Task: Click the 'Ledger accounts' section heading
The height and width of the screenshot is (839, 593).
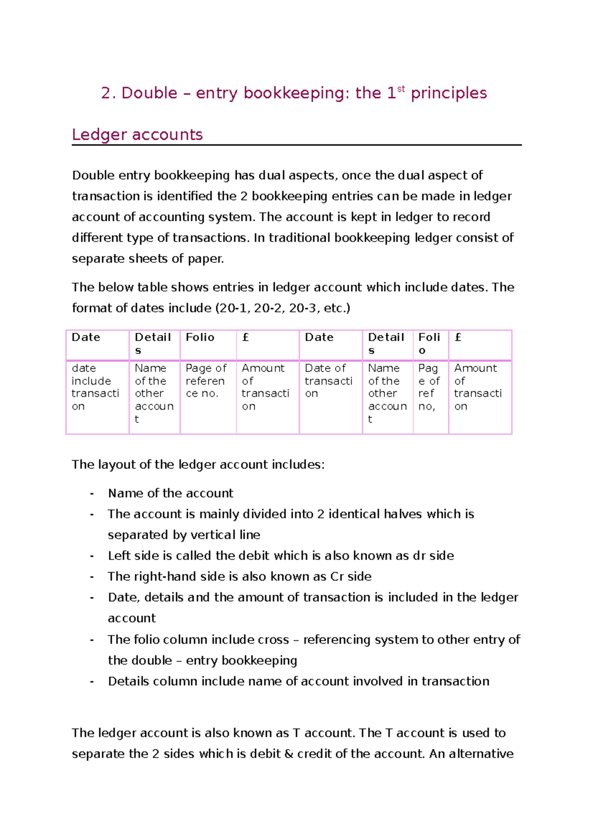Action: point(137,134)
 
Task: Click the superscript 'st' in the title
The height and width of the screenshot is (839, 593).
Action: point(401,89)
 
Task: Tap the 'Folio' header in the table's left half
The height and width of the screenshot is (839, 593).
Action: point(200,337)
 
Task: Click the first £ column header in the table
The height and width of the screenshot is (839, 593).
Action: point(246,337)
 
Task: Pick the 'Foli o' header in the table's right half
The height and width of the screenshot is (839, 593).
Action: point(429,343)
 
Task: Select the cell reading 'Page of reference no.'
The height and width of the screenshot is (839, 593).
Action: point(206,381)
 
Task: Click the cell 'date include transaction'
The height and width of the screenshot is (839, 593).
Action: point(95,387)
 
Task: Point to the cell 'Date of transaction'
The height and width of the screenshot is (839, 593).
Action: point(328,381)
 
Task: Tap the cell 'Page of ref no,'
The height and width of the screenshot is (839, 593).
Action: point(428,387)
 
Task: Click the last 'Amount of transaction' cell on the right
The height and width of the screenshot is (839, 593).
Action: point(477,387)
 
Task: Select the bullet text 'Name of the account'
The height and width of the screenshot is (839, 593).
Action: point(170,493)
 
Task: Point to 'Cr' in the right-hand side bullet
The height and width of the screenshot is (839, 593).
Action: point(337,577)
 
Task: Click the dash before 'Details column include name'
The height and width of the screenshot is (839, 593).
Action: point(92,681)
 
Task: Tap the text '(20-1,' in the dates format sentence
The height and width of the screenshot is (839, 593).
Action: point(233,308)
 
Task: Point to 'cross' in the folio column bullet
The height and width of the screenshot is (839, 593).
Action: point(273,640)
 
